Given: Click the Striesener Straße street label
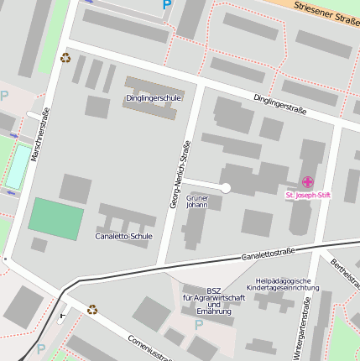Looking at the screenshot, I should [x=326, y=12].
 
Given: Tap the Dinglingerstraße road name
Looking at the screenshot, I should [x=279, y=105].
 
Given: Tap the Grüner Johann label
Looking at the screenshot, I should [x=197, y=201].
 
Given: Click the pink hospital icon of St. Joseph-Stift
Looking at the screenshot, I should [x=308, y=182].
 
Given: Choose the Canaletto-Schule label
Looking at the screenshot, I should [x=123, y=237].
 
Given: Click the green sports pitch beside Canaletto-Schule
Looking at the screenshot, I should [x=56, y=218].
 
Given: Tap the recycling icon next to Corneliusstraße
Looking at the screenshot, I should [x=92, y=309].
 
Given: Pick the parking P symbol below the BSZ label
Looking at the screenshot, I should [x=199, y=325].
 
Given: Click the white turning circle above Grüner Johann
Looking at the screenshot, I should [x=225, y=188].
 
